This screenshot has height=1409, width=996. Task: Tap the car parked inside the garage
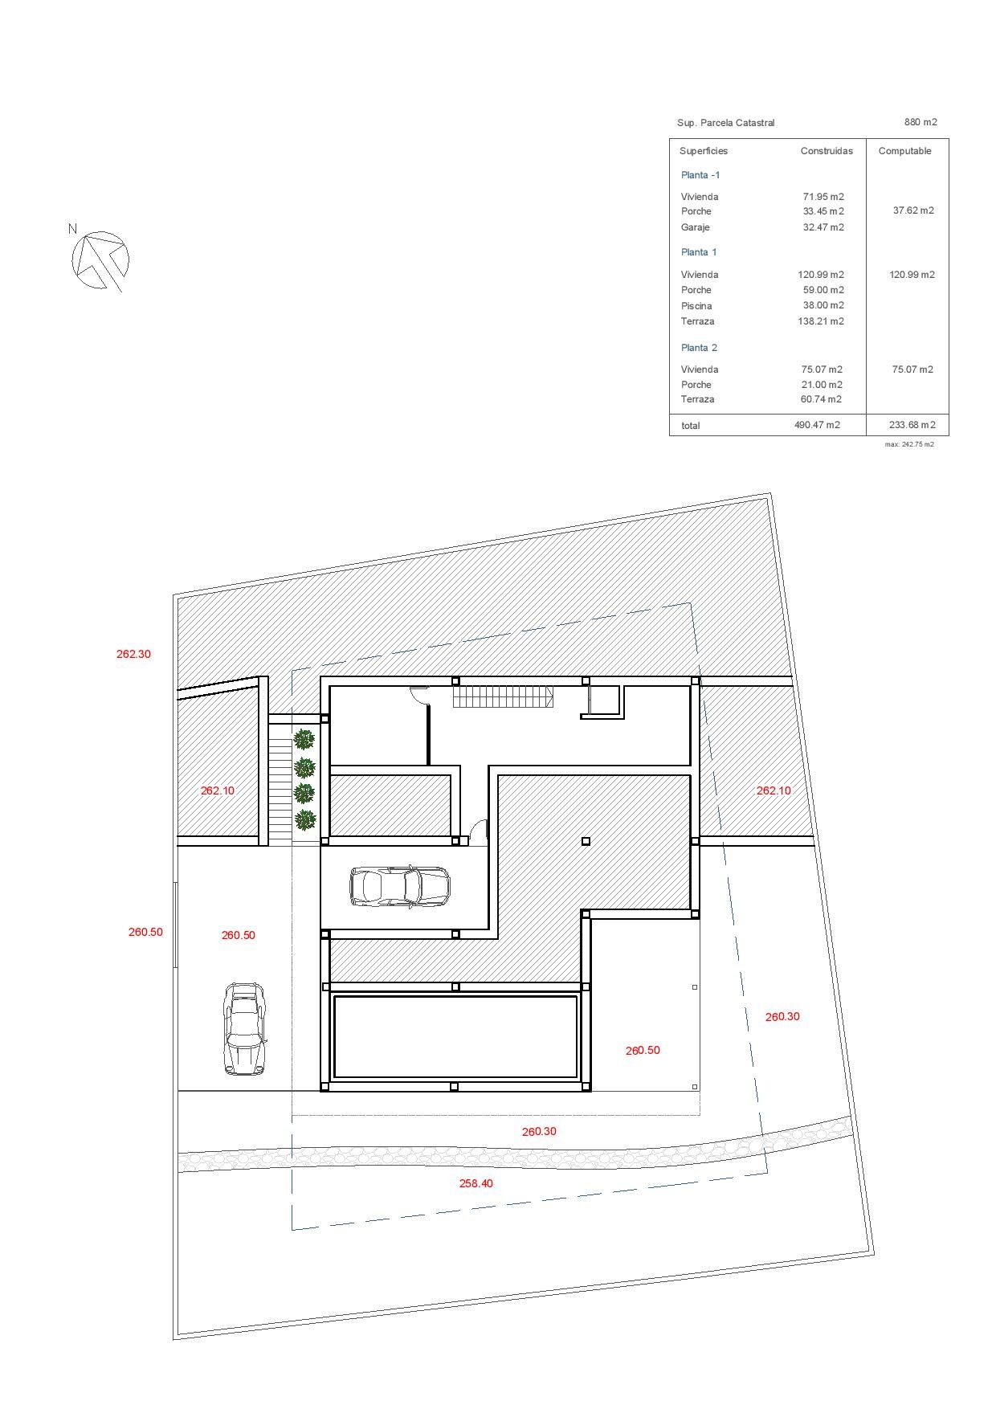click(x=400, y=886)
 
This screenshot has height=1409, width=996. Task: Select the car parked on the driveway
click(x=243, y=1028)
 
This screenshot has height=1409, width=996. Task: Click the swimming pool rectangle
click(x=455, y=1037)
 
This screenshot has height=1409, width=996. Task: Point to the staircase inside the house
click(x=503, y=696)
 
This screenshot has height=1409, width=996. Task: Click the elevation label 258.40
click(x=476, y=1183)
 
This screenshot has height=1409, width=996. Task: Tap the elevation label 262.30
click(x=133, y=654)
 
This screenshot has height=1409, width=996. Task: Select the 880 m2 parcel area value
click(x=920, y=122)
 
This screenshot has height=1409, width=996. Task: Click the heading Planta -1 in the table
click(x=700, y=175)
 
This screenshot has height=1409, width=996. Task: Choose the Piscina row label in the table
click(x=696, y=306)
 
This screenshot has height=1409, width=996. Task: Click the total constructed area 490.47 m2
click(x=817, y=425)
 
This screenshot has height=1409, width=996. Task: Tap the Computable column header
click(x=904, y=151)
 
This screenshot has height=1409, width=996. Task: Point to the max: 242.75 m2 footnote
click(x=909, y=444)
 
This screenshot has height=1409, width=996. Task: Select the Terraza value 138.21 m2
click(x=821, y=321)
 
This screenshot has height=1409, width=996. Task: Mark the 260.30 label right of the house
click(x=782, y=1016)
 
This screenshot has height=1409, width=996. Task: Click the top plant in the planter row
click(x=304, y=738)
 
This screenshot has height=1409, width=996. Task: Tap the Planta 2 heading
click(x=699, y=348)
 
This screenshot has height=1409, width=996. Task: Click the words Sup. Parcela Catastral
click(x=726, y=123)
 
